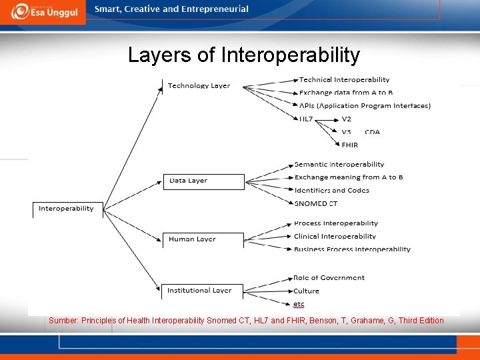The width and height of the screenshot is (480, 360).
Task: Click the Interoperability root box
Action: click(x=67, y=209)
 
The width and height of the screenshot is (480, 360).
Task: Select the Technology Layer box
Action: click(x=199, y=86)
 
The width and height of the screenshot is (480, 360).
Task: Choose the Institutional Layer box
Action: click(x=199, y=291)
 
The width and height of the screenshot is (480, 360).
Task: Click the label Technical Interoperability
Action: click(x=344, y=80)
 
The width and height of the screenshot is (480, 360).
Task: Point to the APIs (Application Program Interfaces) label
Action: click(x=365, y=105)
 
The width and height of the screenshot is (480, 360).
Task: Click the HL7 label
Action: click(x=306, y=119)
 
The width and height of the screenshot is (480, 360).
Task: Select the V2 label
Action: click(x=347, y=119)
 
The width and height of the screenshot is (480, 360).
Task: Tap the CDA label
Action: click(x=372, y=132)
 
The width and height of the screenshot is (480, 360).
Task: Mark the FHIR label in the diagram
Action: click(x=349, y=145)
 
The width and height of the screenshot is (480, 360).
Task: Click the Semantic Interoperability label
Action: click(x=339, y=164)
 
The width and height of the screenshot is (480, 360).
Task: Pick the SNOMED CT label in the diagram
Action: click(x=316, y=203)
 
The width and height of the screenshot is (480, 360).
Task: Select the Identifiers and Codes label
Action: click(x=331, y=190)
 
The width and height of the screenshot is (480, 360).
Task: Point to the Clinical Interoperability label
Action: click(x=335, y=236)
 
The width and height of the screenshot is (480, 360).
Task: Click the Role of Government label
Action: click(x=329, y=277)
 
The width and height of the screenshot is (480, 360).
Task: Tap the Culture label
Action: click(x=307, y=291)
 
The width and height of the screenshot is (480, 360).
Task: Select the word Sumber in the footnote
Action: click(x=63, y=321)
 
